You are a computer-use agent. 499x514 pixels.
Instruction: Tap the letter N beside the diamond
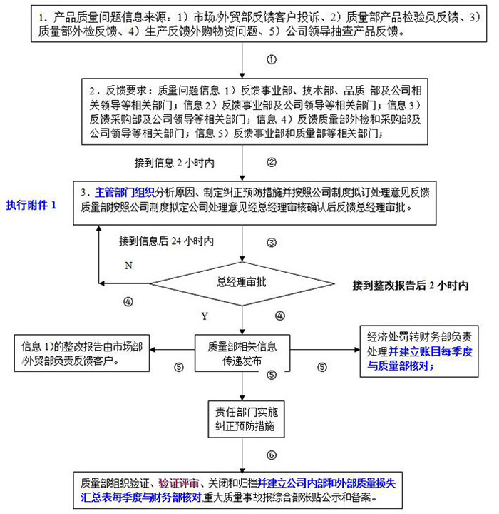(128, 266)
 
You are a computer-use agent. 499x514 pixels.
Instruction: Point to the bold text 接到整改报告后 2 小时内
(410, 285)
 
